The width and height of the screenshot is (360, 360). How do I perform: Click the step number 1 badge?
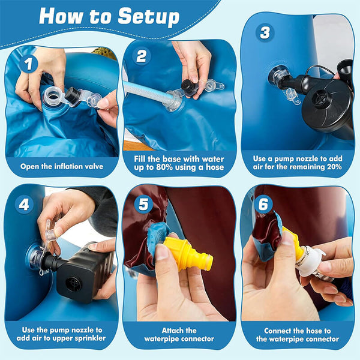(x=28, y=64)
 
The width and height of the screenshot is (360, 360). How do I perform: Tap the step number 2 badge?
(x=142, y=56)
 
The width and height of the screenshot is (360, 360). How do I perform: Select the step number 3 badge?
(x=265, y=33)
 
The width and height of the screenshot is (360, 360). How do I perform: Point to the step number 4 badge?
(x=24, y=205)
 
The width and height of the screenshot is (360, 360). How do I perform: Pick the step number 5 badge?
(x=143, y=204)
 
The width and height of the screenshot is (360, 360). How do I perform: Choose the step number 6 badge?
(x=263, y=204)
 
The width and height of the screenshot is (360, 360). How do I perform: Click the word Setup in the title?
(x=149, y=17)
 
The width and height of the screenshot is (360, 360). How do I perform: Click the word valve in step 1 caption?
(x=94, y=166)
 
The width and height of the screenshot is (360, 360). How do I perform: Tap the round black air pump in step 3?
(x=326, y=101)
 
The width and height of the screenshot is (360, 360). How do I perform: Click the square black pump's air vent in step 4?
(x=73, y=284)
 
